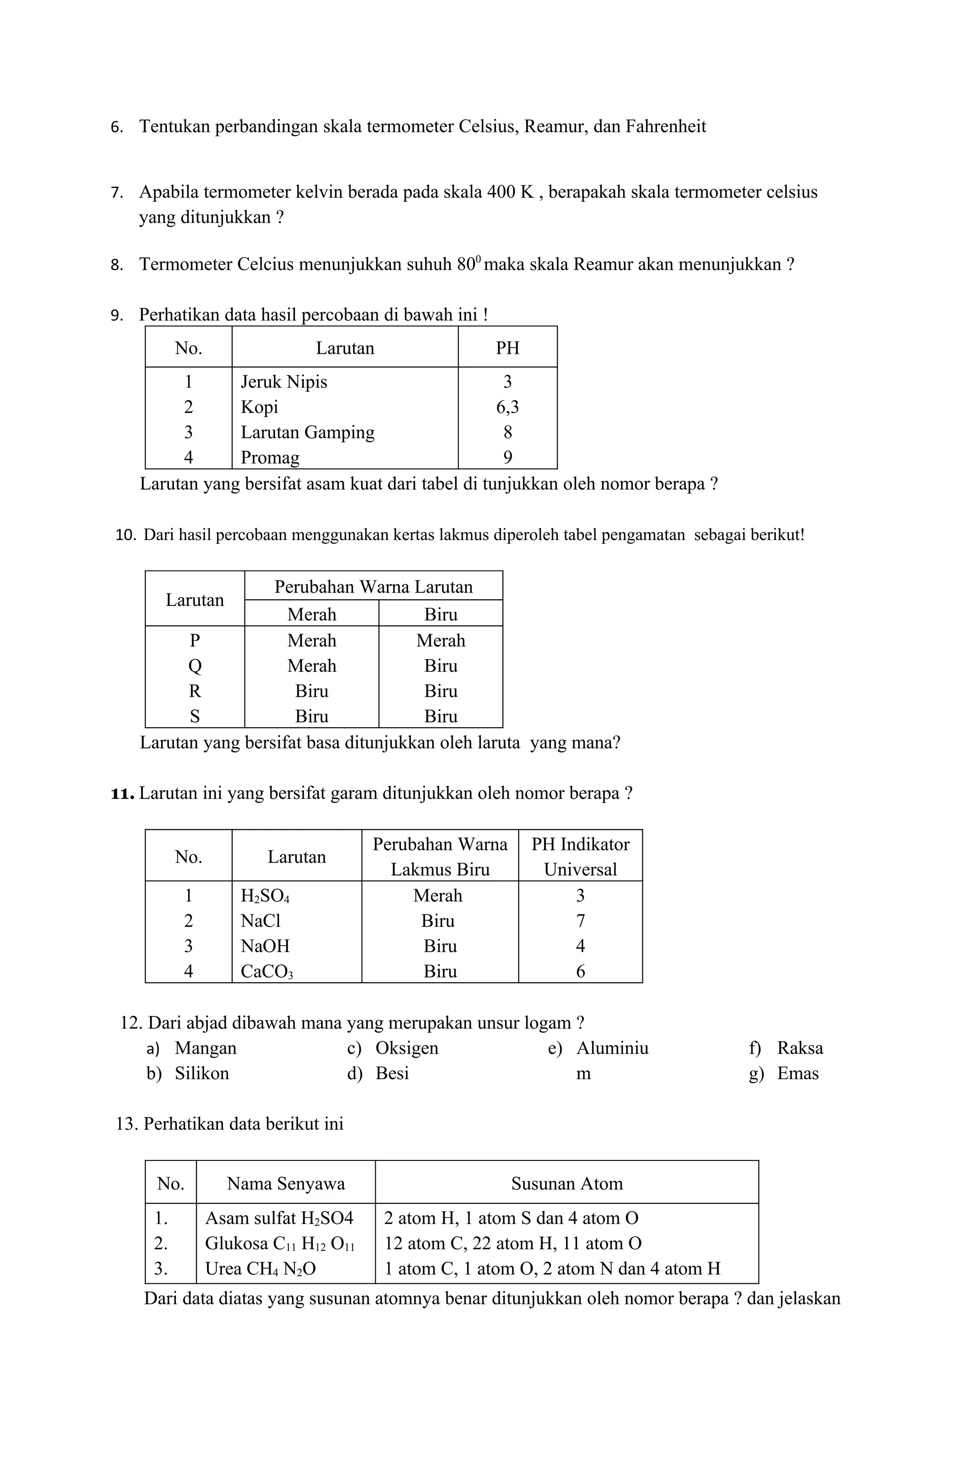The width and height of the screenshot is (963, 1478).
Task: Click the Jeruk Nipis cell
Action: click(x=284, y=381)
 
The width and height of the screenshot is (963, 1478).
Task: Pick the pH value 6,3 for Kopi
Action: click(x=507, y=407)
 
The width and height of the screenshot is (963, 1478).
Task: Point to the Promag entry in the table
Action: click(x=270, y=458)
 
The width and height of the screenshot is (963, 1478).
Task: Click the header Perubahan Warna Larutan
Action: click(x=373, y=587)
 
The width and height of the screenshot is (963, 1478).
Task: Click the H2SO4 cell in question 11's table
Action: click(x=265, y=896)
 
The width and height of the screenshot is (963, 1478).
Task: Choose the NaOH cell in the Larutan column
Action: click(x=265, y=946)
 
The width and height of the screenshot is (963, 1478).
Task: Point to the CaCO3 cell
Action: click(x=266, y=971)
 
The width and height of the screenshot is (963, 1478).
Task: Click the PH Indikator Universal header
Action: click(x=580, y=857)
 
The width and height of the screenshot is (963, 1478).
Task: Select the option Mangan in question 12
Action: click(x=205, y=1048)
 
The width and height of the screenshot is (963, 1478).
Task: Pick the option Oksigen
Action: click(x=407, y=1048)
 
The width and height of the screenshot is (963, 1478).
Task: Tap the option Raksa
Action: click(x=800, y=1048)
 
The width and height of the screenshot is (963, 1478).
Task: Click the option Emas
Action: click(x=798, y=1074)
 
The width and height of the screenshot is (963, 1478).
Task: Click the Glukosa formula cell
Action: click(x=279, y=1243)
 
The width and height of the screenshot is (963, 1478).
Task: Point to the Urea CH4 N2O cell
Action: click(x=260, y=1269)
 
